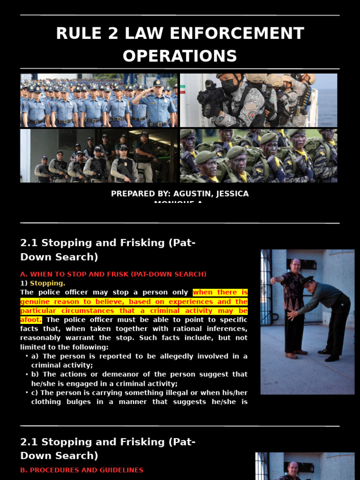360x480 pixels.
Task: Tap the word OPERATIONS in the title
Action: (x=180, y=56)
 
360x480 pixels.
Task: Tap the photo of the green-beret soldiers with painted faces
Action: (x=258, y=156)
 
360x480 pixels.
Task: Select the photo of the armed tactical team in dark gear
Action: (x=99, y=156)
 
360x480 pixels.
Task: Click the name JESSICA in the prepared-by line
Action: (x=232, y=194)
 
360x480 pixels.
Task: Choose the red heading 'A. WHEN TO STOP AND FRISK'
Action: (x=113, y=274)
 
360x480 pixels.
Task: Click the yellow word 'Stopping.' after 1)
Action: (x=47, y=283)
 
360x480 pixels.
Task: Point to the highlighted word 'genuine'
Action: (x=36, y=301)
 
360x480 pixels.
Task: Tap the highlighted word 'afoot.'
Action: (x=31, y=320)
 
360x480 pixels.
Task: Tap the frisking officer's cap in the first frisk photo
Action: (x=307, y=280)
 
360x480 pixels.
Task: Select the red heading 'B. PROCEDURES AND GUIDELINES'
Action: (x=82, y=470)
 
